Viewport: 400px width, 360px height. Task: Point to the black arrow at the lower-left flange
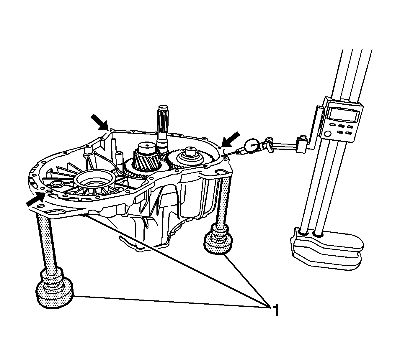click(35, 200)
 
